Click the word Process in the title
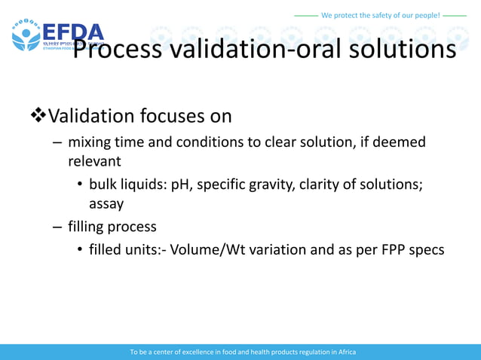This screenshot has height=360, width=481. [117, 49]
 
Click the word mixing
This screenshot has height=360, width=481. [90, 142]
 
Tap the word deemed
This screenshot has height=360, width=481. [400, 142]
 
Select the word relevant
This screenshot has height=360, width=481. [94, 161]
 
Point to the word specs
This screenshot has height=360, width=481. [427, 249]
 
